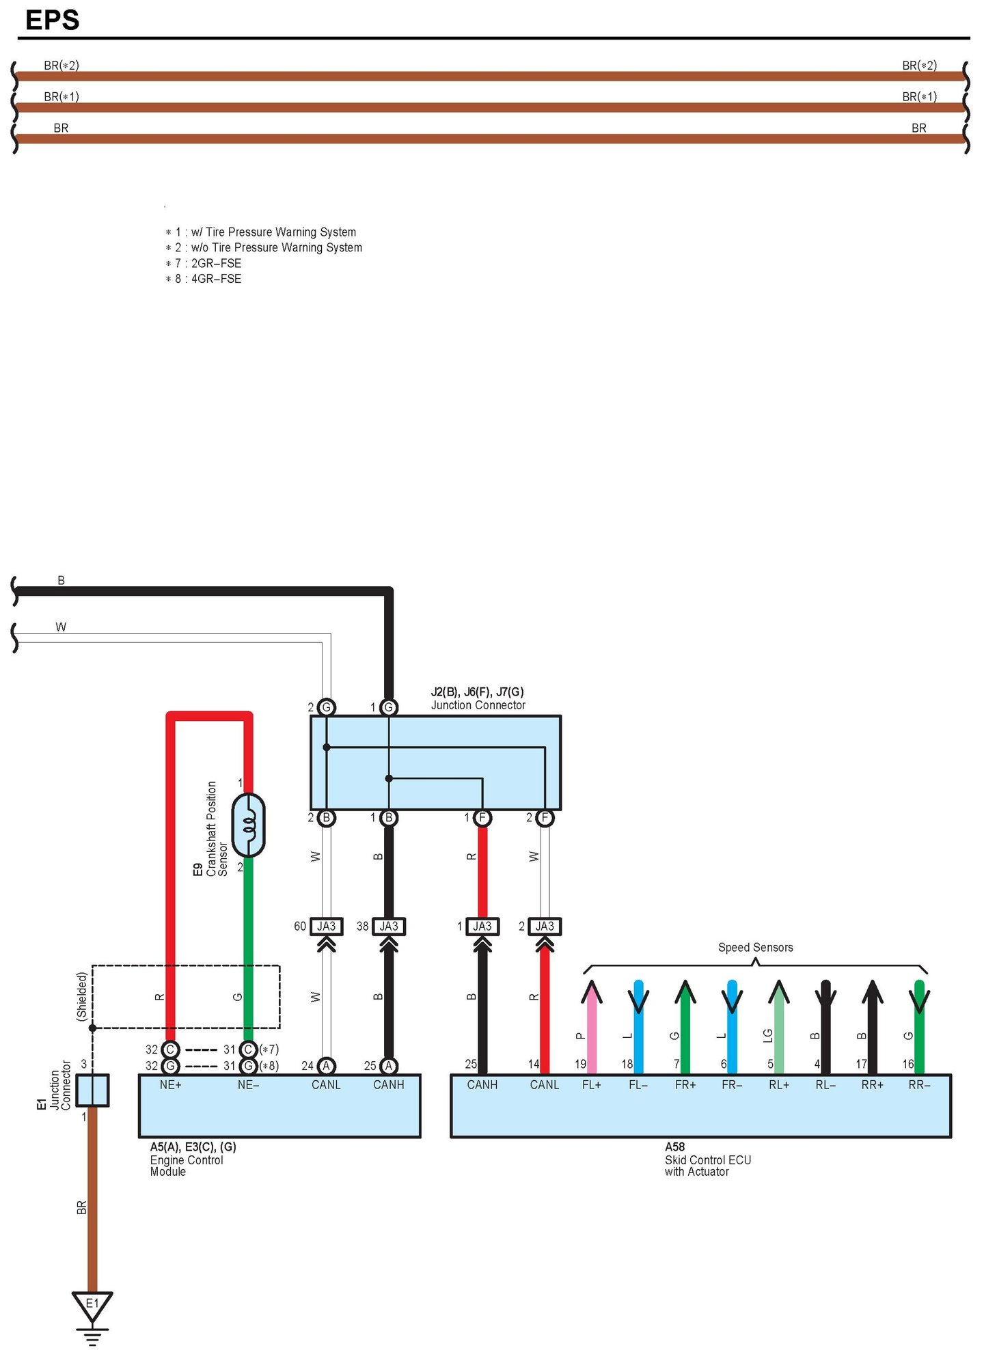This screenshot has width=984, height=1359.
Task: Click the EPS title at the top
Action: pyautogui.click(x=52, y=20)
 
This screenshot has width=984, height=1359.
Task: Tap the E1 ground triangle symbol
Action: pyautogui.click(x=92, y=1304)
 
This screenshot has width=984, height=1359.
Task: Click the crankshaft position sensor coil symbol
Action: pyautogui.click(x=249, y=825)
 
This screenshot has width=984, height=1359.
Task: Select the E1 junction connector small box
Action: pyautogui.click(x=92, y=1090)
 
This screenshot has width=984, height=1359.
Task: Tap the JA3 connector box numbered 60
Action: pyautogui.click(x=326, y=926)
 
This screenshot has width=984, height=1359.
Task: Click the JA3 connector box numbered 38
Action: pyautogui.click(x=389, y=926)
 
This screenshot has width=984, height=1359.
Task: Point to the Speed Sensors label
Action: pyautogui.click(x=755, y=947)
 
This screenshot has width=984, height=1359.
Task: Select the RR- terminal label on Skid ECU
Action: pyautogui.click(x=919, y=1084)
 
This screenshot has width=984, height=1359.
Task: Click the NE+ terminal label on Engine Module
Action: pyautogui.click(x=170, y=1084)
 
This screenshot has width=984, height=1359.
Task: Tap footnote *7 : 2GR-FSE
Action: pyautogui.click(x=204, y=263)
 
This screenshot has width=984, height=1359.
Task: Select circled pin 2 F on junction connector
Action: pyautogui.click(x=545, y=817)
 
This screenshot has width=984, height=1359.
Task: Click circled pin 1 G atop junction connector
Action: pyautogui.click(x=389, y=707)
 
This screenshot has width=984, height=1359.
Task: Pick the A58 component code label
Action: pyautogui.click(x=674, y=1147)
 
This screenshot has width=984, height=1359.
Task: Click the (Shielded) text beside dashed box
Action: pyautogui.click(x=82, y=996)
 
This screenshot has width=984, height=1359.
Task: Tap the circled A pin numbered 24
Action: pyautogui.click(x=326, y=1065)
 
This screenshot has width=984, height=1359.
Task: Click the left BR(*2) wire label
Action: pyautogui.click(x=61, y=66)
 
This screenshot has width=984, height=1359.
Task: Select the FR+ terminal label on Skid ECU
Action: pyautogui.click(x=685, y=1084)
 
